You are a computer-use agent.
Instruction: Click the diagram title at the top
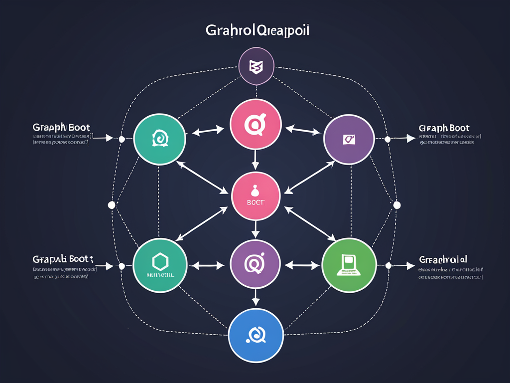click(x=257, y=30)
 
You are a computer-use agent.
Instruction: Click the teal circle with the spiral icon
click(x=160, y=139)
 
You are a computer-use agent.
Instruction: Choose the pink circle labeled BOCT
click(x=255, y=196)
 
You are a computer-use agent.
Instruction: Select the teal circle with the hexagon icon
click(x=160, y=264)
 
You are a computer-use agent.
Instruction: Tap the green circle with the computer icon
click(x=348, y=264)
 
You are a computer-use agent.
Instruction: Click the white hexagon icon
click(x=160, y=261)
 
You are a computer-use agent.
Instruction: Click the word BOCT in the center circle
click(x=255, y=202)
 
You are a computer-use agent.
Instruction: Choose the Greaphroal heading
click(x=443, y=259)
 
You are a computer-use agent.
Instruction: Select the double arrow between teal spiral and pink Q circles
click(x=208, y=131)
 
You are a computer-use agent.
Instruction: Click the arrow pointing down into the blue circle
click(x=255, y=298)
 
